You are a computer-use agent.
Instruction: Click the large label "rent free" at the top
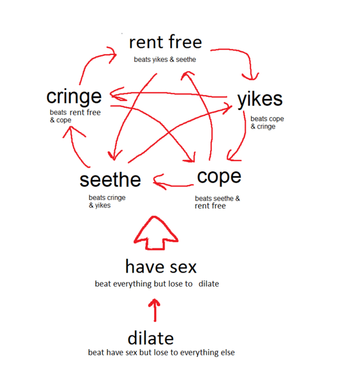point(165,42)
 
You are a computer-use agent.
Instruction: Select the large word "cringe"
point(74,97)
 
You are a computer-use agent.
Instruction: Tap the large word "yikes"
point(259,99)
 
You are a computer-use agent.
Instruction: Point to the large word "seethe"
point(110,180)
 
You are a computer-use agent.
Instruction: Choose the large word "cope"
point(219,176)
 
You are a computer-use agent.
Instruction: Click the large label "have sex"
point(161,266)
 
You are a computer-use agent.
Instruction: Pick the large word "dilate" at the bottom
point(150,338)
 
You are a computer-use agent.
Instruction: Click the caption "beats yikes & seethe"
point(165,59)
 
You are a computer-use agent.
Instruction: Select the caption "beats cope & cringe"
point(267,123)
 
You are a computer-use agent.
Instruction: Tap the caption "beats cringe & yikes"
point(107,201)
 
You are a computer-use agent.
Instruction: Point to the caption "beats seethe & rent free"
point(217,202)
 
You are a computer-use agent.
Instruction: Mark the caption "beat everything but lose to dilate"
point(157,284)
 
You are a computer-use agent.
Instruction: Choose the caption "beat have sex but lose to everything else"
point(161,353)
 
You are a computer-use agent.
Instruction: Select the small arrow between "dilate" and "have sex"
point(156,310)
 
